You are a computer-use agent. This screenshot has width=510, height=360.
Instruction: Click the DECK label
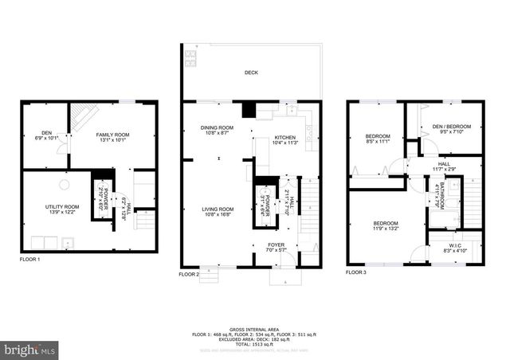tap(250, 73)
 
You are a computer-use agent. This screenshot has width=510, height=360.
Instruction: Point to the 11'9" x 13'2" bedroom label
tap(386, 229)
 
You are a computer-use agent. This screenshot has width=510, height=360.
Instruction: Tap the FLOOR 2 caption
tap(192, 273)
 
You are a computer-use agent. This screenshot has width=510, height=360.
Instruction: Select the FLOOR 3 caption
tap(357, 272)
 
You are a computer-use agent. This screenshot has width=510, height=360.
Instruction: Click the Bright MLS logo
tap(30, 349)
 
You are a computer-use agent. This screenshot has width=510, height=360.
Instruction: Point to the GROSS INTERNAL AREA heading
tap(255, 328)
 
